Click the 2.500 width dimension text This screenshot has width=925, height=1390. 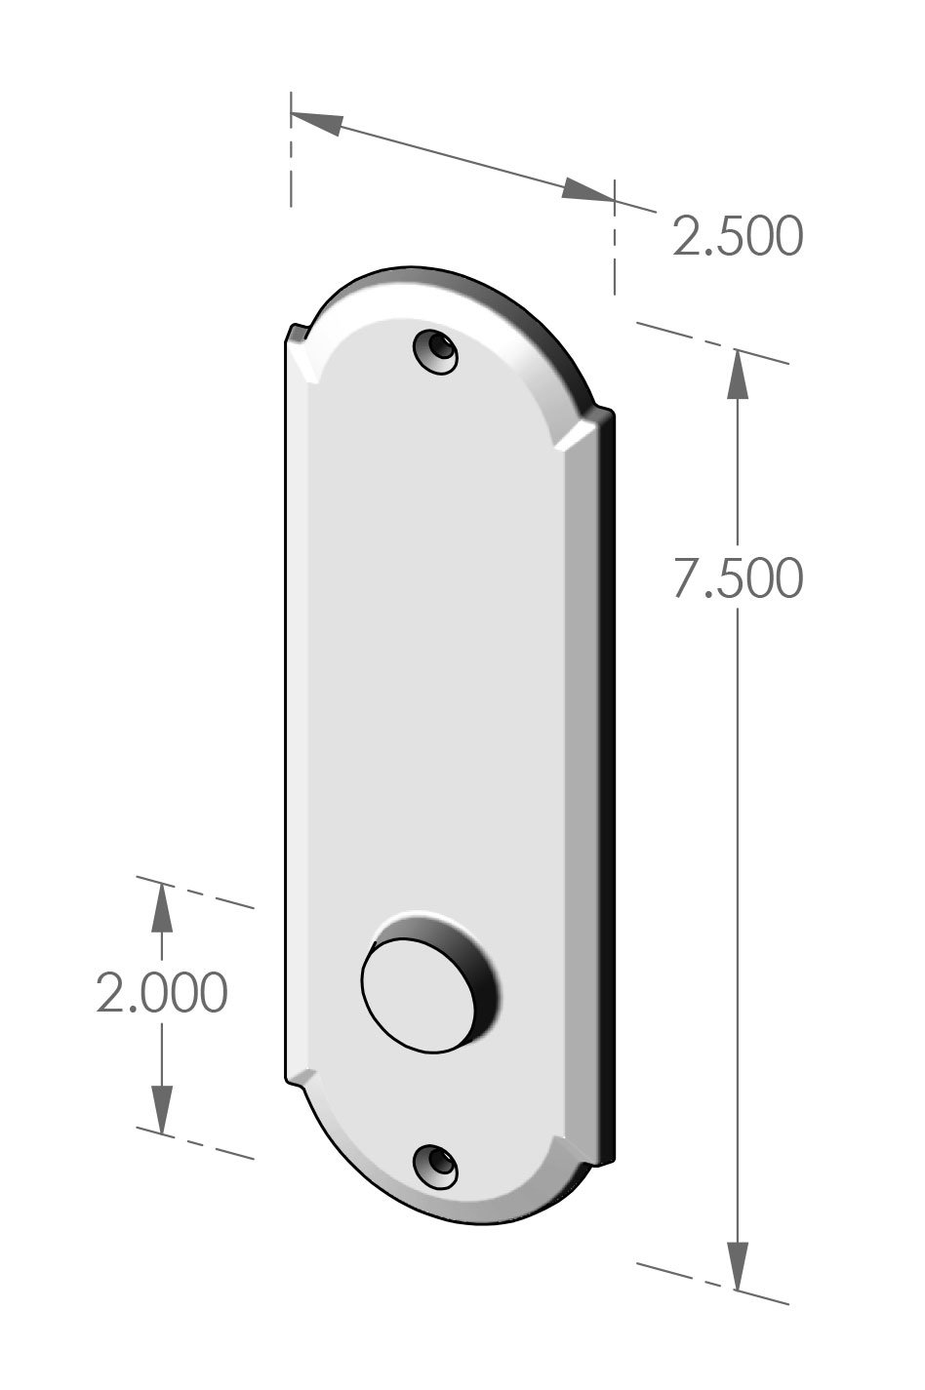click(738, 236)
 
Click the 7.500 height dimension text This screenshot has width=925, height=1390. click(738, 578)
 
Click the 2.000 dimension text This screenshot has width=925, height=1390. click(162, 993)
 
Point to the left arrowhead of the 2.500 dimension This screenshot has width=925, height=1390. click(317, 122)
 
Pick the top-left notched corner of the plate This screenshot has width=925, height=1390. click(297, 338)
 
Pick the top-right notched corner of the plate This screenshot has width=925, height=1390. click(597, 416)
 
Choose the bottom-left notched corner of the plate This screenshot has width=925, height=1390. click(297, 1078)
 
